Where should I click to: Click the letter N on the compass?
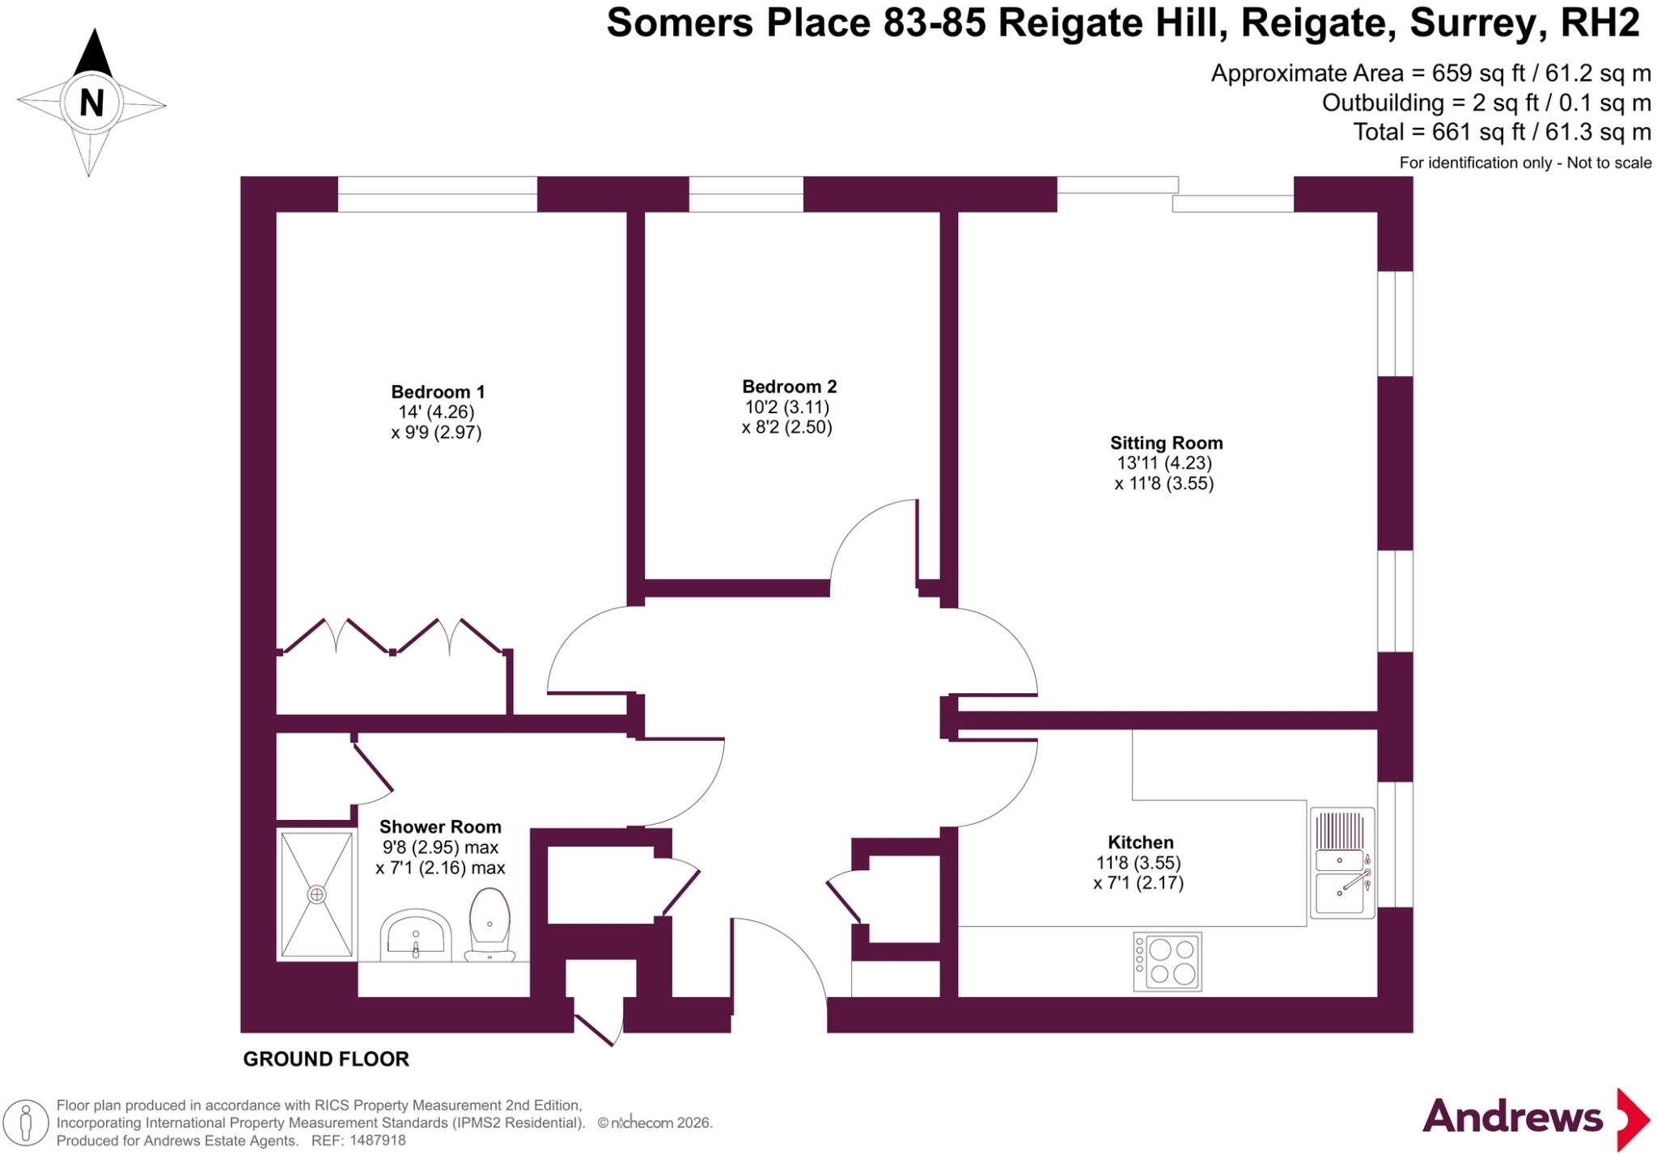pos(91,103)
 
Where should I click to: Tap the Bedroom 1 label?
pos(438,392)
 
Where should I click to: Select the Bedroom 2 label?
pos(790,387)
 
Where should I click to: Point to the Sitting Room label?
pos(1166,443)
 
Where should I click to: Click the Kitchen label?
pos(1140,843)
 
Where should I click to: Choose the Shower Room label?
pos(440,827)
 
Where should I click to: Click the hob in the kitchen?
pos(1168,962)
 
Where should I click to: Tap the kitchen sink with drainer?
pos(1342,863)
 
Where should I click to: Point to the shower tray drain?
pos(316,894)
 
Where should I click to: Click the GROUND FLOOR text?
pos(326,1059)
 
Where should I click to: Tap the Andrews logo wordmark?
pos(1512,1117)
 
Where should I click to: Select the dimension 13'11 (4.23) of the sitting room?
pos(1165,463)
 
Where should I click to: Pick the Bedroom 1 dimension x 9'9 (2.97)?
pos(437,433)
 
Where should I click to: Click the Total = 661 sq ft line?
pos(1502,132)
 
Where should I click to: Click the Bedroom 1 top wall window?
pos(438,194)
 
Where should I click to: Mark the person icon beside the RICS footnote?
pos(26,1123)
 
